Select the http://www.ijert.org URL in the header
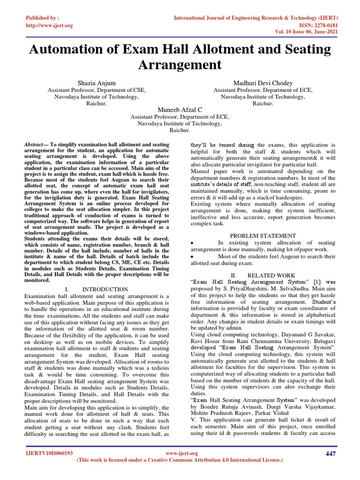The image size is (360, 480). click(49, 25)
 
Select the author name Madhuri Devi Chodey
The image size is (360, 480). click(262, 83)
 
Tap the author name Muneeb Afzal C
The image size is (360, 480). click(180, 109)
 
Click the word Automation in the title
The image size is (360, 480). click(71, 49)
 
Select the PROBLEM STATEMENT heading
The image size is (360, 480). click(262, 235)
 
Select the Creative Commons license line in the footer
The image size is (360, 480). click(180, 460)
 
